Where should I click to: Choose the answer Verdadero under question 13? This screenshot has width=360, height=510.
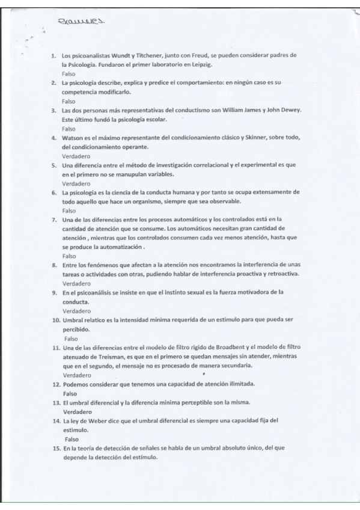(77, 411)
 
